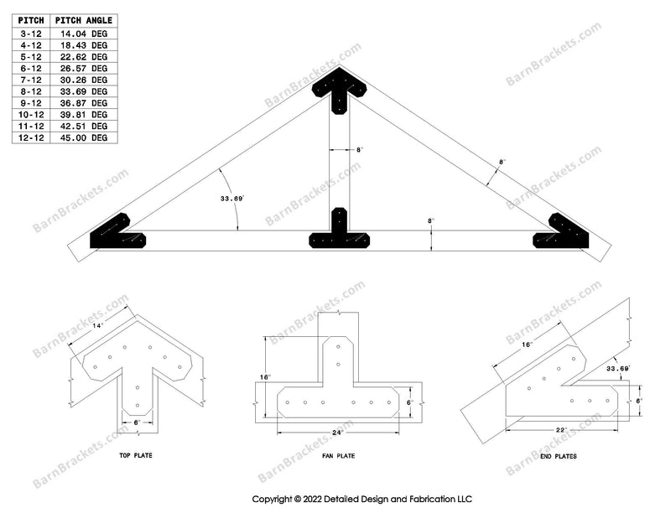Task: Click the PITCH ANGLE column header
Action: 84,20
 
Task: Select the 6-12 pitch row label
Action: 31,69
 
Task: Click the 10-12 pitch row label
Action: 31,115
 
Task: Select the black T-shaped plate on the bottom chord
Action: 340,231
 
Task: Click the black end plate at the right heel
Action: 562,232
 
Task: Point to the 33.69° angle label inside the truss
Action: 232,199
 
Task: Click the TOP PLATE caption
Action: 136,455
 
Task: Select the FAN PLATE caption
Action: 339,456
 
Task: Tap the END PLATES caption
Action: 559,457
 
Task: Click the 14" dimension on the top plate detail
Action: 98,326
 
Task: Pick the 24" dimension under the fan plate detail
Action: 338,433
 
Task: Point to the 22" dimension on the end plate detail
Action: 561,430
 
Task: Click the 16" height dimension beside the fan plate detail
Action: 265,377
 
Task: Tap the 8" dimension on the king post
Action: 360,150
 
